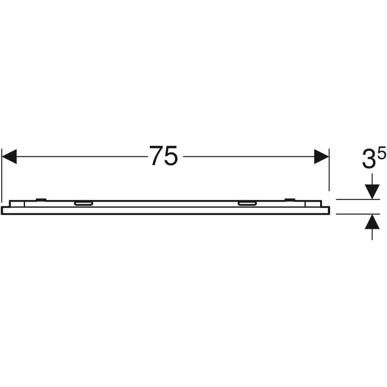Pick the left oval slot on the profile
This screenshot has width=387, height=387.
point(84,203)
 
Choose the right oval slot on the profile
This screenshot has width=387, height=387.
point(247,203)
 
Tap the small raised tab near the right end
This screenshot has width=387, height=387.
point(289,199)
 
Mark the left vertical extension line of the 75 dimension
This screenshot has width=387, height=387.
point(2,174)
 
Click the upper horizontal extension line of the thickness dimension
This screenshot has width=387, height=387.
point(352,200)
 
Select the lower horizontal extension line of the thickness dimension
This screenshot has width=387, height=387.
point(352,213)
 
